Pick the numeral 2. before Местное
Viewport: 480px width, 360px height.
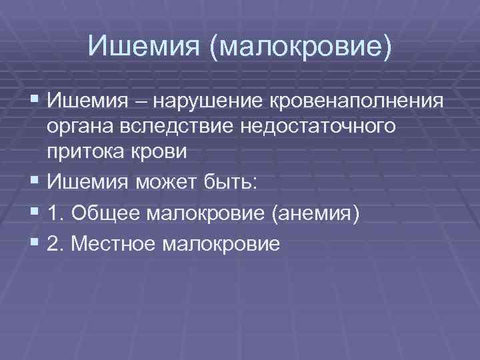(x=56, y=245)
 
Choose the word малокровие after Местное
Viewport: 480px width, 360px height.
(x=220, y=245)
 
